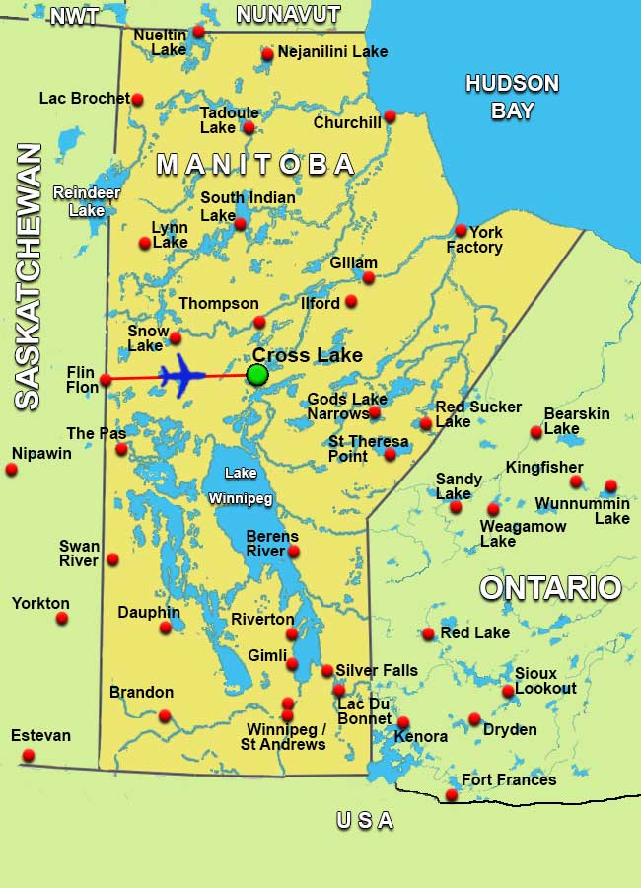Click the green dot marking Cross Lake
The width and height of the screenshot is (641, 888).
point(257,374)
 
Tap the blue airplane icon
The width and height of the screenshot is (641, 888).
point(181,376)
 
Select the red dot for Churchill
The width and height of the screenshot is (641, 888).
point(390,115)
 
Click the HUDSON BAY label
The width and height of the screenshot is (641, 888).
point(512,97)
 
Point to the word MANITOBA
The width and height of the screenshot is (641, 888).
point(255,164)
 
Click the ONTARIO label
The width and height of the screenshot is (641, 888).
point(550,588)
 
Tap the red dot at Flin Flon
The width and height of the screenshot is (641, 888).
point(106,379)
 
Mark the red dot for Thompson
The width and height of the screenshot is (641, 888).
point(259,322)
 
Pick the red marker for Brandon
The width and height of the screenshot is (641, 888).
point(165,715)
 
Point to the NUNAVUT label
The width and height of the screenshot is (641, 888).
point(288,15)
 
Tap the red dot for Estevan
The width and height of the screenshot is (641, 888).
point(28,755)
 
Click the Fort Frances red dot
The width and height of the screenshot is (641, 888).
point(452,794)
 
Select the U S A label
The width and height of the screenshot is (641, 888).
point(365,820)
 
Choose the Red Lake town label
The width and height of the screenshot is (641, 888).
point(475,632)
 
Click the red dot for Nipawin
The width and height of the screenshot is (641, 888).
point(12,469)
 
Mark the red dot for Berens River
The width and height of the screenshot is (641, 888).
point(293,551)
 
